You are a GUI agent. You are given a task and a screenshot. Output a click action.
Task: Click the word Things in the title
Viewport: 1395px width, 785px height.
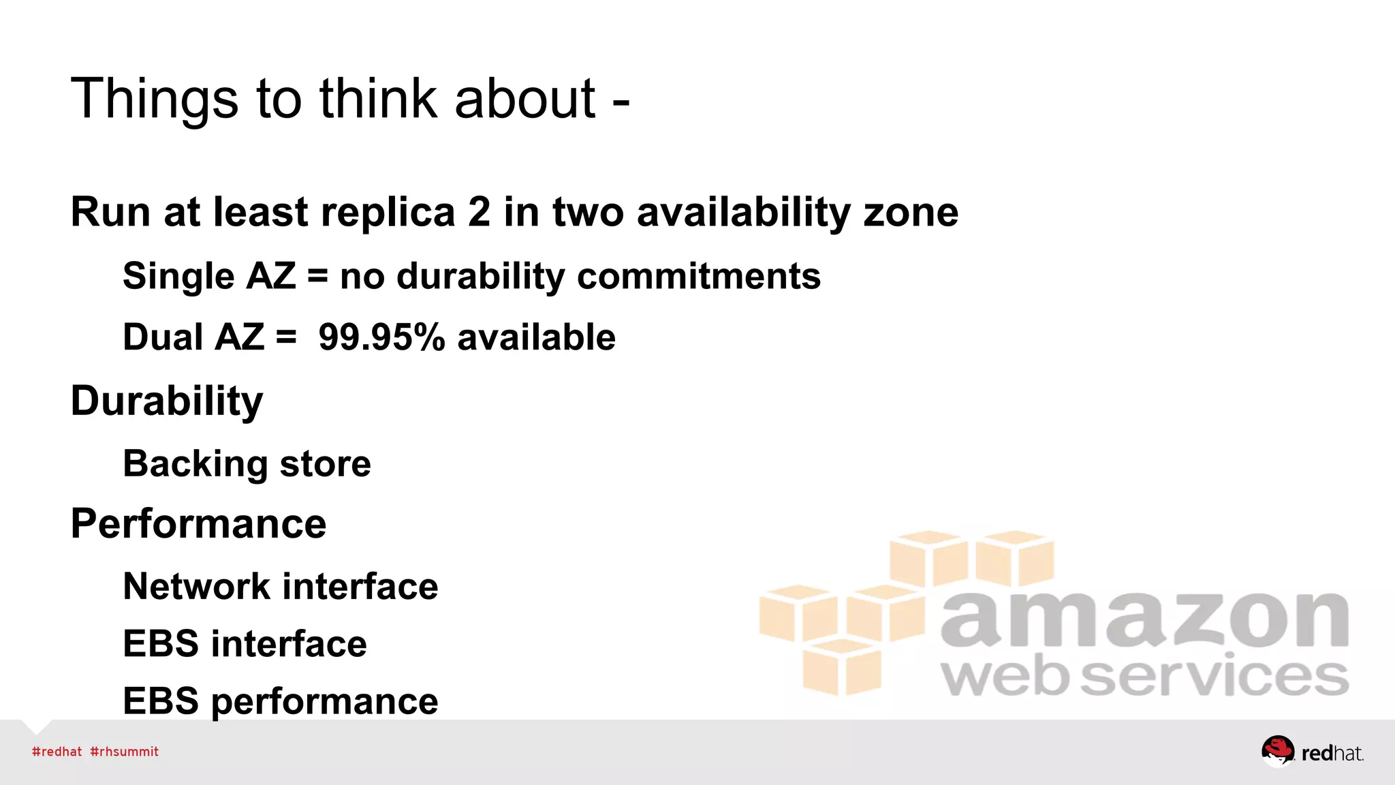154,99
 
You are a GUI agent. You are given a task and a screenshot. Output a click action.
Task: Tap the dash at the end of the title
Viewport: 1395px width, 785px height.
621,102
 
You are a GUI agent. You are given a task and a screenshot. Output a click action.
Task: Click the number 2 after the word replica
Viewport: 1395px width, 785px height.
479,212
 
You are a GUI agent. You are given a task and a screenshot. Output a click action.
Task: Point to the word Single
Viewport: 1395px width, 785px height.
178,277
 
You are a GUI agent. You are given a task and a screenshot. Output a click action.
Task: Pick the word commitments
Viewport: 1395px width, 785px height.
699,277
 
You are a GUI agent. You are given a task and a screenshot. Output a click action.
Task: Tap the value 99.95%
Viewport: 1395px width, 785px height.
381,337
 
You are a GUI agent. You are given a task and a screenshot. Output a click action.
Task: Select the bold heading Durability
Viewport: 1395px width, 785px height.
167,401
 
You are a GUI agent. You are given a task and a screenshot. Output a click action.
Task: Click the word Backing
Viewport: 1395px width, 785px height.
195,465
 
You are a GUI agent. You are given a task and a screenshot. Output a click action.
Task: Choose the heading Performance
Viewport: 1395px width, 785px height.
198,524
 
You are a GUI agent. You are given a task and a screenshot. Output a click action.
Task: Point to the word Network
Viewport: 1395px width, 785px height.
197,587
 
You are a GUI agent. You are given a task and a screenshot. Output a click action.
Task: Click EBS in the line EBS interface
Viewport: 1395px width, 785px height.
161,644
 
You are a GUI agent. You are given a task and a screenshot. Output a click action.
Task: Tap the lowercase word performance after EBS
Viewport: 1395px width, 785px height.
324,702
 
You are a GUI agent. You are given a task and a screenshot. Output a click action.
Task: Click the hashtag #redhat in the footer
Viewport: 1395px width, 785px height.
57,752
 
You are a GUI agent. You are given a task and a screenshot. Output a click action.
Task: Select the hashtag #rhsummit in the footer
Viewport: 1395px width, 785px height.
124,752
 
